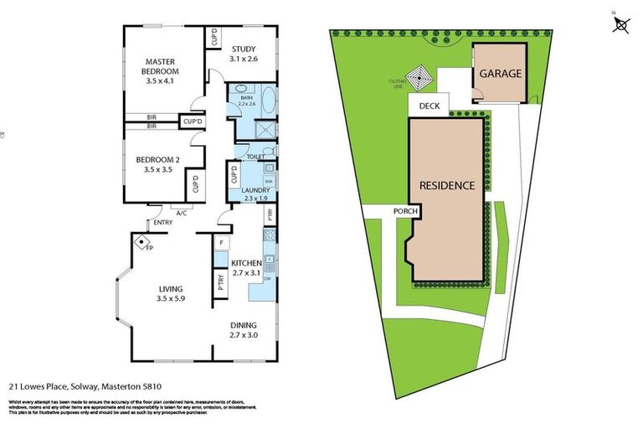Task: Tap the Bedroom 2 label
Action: (158, 164)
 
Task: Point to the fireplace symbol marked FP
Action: (141, 241)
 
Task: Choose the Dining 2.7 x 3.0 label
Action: (244, 330)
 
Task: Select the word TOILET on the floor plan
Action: (255, 157)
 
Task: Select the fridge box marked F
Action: (221, 244)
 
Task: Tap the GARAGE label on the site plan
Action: (501, 74)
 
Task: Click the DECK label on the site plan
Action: (429, 106)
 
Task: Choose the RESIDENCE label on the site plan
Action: (447, 185)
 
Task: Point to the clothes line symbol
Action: (419, 80)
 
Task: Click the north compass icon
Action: (620, 25)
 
